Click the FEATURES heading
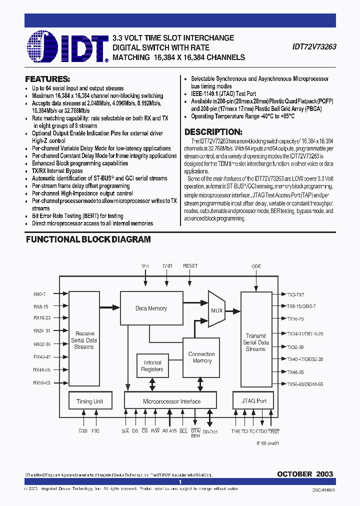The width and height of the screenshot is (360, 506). coord(47,79)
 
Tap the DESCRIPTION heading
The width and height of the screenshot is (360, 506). coord(213,132)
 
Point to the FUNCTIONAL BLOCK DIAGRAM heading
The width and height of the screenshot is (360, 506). coord(88,239)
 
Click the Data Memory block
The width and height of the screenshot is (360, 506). coord(151,308)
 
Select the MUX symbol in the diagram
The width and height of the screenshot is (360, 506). coord(216,310)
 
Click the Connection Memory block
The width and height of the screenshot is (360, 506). coord(201,357)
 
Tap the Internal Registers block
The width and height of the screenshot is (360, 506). coord(152,366)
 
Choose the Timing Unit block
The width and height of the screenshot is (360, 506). coord(89,401)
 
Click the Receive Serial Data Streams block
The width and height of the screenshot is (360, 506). coord(84,340)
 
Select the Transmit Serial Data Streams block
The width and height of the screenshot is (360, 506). coord(255,342)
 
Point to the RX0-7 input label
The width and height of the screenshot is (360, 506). coord(39,294)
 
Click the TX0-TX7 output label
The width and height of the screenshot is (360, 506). coord(295,294)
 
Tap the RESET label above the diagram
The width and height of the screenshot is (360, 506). coord(190,266)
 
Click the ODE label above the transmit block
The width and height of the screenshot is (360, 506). coord(256,266)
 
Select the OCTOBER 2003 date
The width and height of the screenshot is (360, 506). coord(305,473)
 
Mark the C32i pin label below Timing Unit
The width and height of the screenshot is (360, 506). coord(82,430)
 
